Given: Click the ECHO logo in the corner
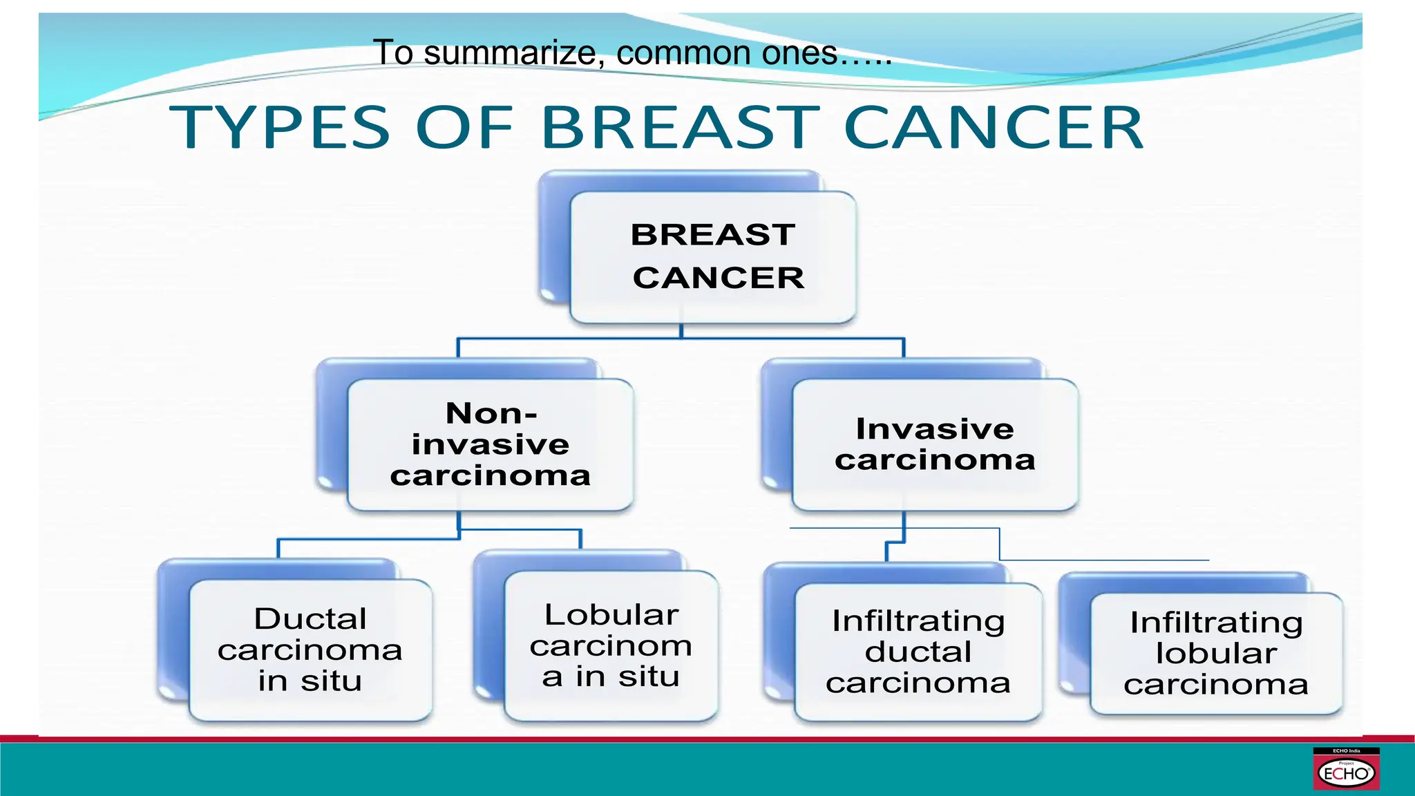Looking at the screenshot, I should tap(1345, 770).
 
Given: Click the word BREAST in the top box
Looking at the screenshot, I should tap(712, 235).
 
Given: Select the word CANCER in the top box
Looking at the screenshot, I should tap(719, 278).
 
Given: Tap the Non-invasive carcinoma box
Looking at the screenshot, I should tap(490, 444).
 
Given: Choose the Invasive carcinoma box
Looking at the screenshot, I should tap(935, 444).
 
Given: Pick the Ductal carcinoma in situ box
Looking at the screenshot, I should tap(310, 650).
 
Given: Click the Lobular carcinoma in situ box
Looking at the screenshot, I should tap(611, 645).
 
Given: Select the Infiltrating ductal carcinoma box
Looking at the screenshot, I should tap(918, 652).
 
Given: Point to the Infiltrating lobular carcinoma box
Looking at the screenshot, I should tap(1216, 653).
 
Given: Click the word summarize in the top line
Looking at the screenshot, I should tap(510, 53).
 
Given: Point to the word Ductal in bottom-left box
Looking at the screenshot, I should tap(310, 618).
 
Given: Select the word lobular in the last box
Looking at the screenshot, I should tap(1216, 653).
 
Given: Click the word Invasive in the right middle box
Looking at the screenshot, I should tap(935, 429).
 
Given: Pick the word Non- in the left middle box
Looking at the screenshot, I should tap(491, 413).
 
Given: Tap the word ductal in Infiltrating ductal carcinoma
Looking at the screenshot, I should tap(918, 652).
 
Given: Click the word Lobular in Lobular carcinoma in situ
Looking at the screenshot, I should tap(611, 614).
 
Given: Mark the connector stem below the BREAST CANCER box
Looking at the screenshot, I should tap(681, 331).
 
